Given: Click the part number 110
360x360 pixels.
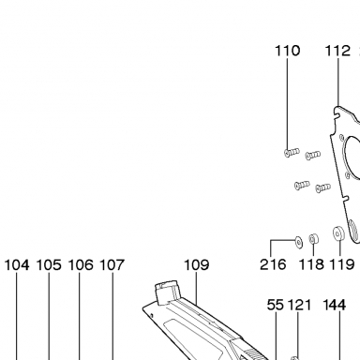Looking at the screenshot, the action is pyautogui.click(x=288, y=51).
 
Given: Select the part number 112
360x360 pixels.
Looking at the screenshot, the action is pyautogui.click(x=337, y=51).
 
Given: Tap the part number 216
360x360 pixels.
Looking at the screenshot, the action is pyautogui.click(x=273, y=264).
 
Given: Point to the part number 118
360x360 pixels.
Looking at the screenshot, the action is pyautogui.click(x=311, y=264).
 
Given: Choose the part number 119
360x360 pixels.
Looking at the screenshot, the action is pyautogui.click(x=342, y=264).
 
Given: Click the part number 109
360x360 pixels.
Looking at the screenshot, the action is pyautogui.click(x=196, y=264).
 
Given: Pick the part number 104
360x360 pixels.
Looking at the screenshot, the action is pyautogui.click(x=17, y=265).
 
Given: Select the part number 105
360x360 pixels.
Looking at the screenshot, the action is pyautogui.click(x=49, y=265).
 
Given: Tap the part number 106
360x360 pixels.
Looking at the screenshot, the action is pyautogui.click(x=81, y=265).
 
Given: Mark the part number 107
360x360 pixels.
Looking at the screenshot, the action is pyautogui.click(x=112, y=265).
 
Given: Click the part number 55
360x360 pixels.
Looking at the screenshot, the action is pyautogui.click(x=276, y=305).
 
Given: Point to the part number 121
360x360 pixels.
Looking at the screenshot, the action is pyautogui.click(x=299, y=305).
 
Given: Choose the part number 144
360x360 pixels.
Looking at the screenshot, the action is pyautogui.click(x=334, y=305).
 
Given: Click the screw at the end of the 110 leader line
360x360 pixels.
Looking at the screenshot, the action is pyautogui.click(x=292, y=153).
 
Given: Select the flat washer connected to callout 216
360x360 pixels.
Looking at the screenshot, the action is pyautogui.click(x=298, y=242).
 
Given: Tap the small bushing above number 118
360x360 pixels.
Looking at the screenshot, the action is pyautogui.click(x=313, y=239).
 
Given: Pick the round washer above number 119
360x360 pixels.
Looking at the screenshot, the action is pyautogui.click(x=338, y=233).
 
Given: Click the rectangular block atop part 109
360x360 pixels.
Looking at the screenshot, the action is pyautogui.click(x=168, y=292).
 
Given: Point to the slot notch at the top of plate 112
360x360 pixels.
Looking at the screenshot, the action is pyautogui.click(x=337, y=114).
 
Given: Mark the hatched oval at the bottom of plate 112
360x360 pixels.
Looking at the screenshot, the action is pyautogui.click(x=354, y=231).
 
